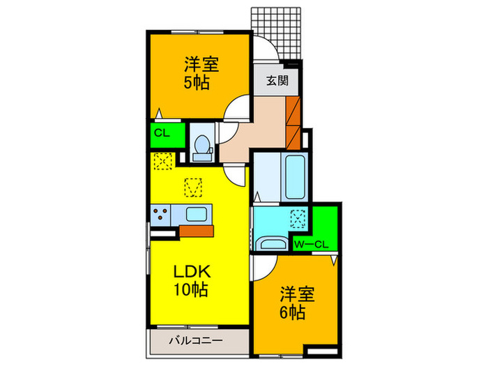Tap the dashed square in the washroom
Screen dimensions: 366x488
tap(298, 220)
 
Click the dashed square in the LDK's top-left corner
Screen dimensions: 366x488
tap(162, 161)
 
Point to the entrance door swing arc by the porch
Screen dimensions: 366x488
tap(264, 49)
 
